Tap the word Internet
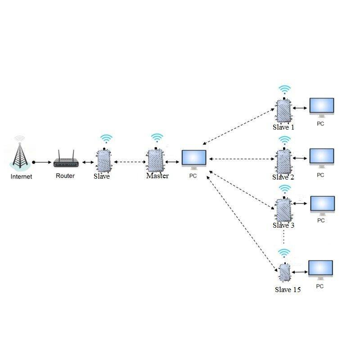tap(21, 177)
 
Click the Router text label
tap(65, 176)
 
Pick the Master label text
tap(157, 176)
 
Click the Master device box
tap(155, 160)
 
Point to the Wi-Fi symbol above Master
tap(157, 138)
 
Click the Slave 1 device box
tap(283, 110)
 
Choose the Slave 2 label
tap(283, 177)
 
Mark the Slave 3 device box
tap(283, 209)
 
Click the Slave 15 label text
tap(288, 290)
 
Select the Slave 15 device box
tap(284, 272)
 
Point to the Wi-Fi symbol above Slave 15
tap(283, 252)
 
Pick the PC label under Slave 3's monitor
tap(321, 220)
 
